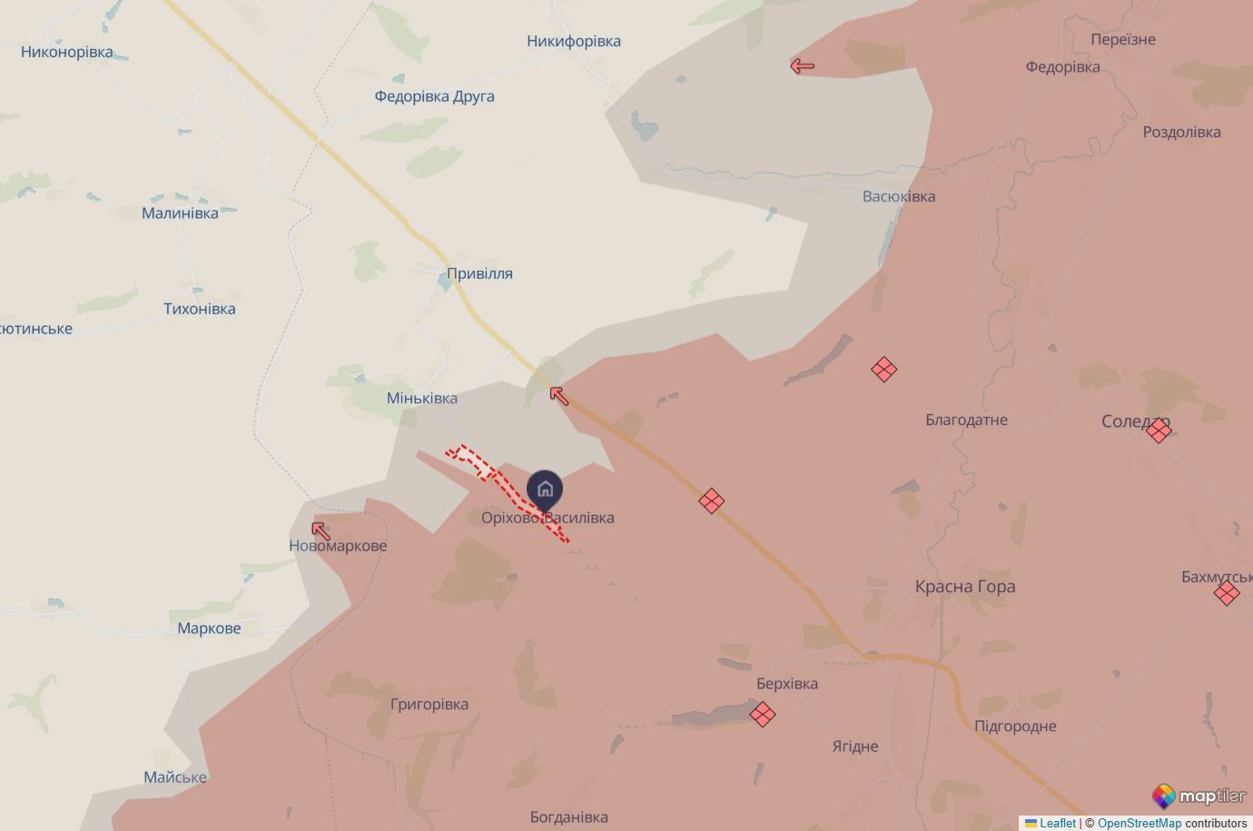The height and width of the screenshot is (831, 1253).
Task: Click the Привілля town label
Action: click(479, 273)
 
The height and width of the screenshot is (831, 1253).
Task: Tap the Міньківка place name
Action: click(422, 398)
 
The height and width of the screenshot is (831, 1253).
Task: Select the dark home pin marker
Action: click(545, 490)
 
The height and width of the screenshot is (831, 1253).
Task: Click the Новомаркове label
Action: click(338, 546)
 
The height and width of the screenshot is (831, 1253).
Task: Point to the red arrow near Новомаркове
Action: click(321, 530)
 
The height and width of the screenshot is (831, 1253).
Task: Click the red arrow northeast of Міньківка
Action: click(559, 395)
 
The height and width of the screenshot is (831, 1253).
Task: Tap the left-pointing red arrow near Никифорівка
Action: click(802, 65)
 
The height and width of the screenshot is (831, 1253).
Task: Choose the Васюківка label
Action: click(899, 196)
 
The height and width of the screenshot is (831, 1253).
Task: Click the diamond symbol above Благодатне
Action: click(883, 370)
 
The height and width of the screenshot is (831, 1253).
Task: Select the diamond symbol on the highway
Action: click(711, 500)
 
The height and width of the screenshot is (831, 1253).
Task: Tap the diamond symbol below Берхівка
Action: click(763, 715)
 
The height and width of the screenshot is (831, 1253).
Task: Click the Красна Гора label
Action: click(965, 587)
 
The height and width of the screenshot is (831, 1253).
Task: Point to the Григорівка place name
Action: click(429, 704)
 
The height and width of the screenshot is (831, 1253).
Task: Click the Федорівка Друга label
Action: click(434, 96)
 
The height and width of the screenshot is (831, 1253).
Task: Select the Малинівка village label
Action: click(180, 213)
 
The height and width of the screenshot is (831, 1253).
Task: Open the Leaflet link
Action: click(1057, 823)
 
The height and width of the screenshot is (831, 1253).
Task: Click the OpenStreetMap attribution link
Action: click(1139, 823)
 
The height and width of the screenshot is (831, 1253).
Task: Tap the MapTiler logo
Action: click(1199, 796)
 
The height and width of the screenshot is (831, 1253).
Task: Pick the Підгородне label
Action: click(1015, 726)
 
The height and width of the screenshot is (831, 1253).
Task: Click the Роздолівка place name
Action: click(1181, 132)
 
